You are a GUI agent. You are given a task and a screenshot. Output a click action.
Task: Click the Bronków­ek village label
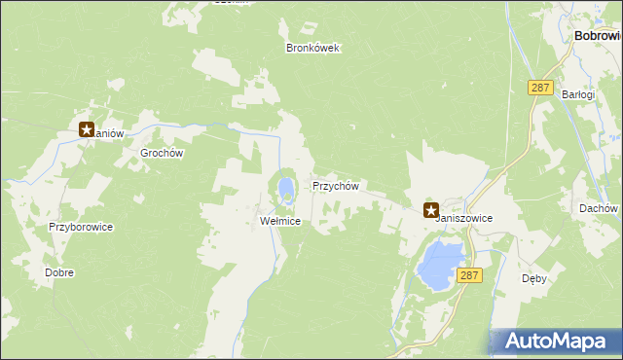tap(312, 48)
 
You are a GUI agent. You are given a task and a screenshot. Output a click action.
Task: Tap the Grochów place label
tap(163, 154)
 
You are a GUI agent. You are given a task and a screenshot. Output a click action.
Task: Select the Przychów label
tap(336, 186)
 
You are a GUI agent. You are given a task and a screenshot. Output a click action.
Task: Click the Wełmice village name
tap(280, 222)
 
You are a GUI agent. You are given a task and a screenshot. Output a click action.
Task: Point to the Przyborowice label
tap(82, 227)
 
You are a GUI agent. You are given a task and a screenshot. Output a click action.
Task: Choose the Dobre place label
tap(59, 273)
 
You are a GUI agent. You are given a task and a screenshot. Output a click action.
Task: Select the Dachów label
tap(599, 208)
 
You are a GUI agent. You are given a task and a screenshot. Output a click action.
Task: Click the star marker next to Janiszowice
tap(430, 208)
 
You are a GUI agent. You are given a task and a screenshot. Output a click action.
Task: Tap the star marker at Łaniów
tap(87, 128)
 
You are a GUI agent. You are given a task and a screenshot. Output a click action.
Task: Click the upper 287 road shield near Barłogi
tap(540, 88)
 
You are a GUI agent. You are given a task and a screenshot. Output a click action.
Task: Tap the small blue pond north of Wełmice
tap(285, 186)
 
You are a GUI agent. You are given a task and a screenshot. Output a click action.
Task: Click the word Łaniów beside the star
tap(109, 134)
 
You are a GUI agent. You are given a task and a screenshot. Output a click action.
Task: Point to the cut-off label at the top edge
tap(232, 3)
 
